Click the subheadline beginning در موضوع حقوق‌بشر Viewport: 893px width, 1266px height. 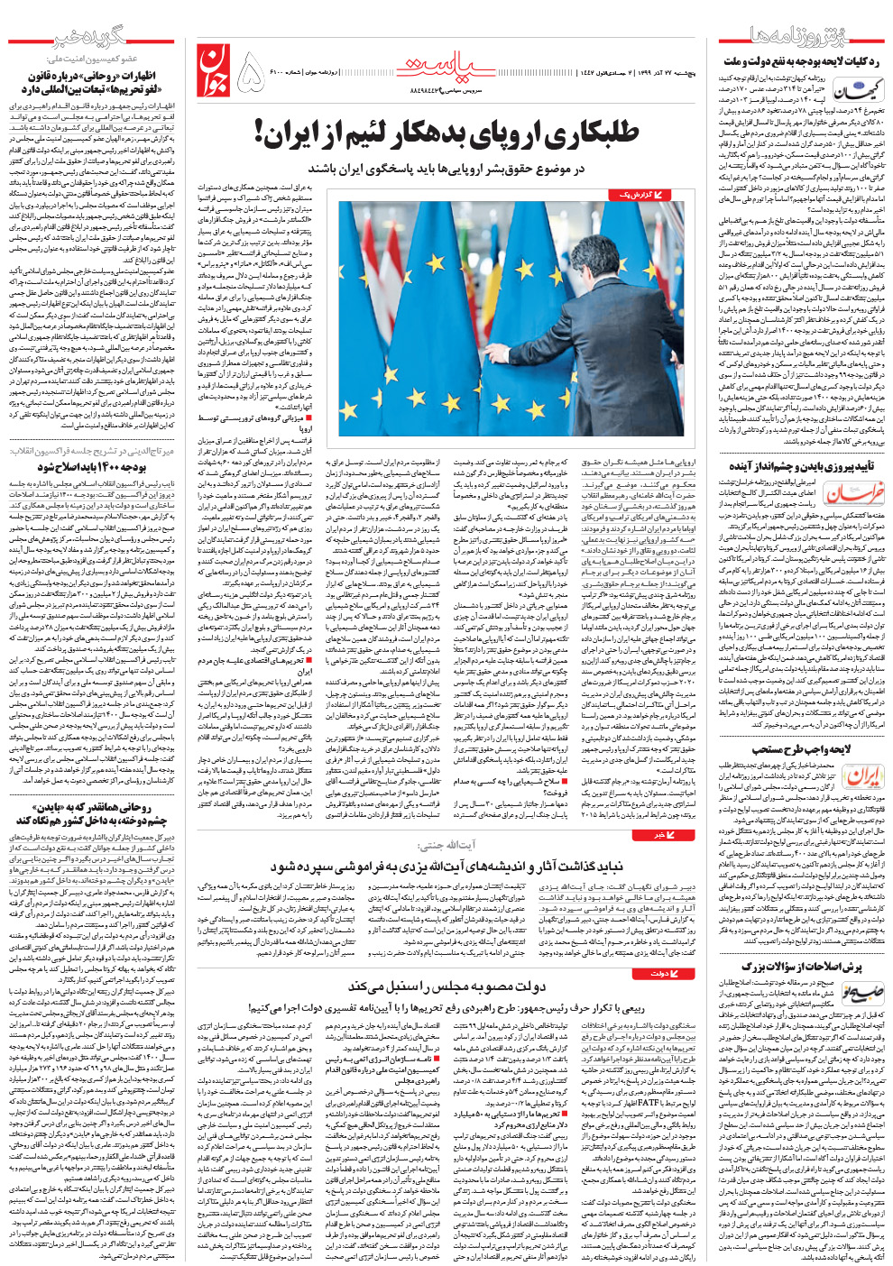(x=446, y=169)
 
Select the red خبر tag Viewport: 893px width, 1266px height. (x=678, y=835)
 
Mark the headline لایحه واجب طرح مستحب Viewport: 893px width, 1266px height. (x=802, y=749)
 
